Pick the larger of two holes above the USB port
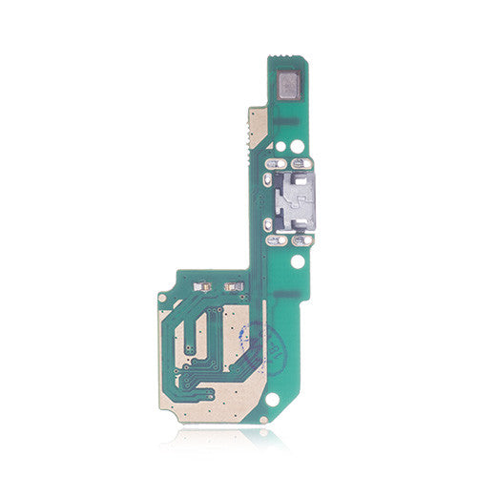[298, 147]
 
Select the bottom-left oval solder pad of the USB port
[271, 231]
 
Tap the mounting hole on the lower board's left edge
[163, 312]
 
